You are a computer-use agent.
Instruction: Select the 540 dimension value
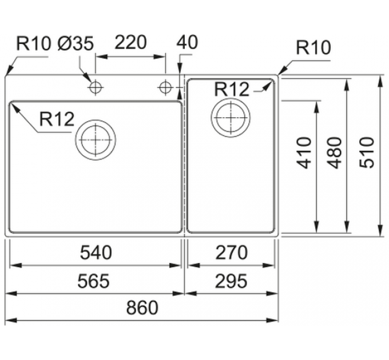(96, 252)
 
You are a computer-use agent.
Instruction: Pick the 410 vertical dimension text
(305, 153)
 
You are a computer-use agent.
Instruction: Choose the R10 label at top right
(313, 48)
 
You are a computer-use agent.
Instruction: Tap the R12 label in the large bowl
(57, 119)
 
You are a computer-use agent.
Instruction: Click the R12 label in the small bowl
(232, 89)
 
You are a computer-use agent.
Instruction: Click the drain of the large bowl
(96, 139)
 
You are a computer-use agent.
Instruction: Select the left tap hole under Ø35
(95, 87)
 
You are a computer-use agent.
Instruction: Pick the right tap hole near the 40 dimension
(165, 87)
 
